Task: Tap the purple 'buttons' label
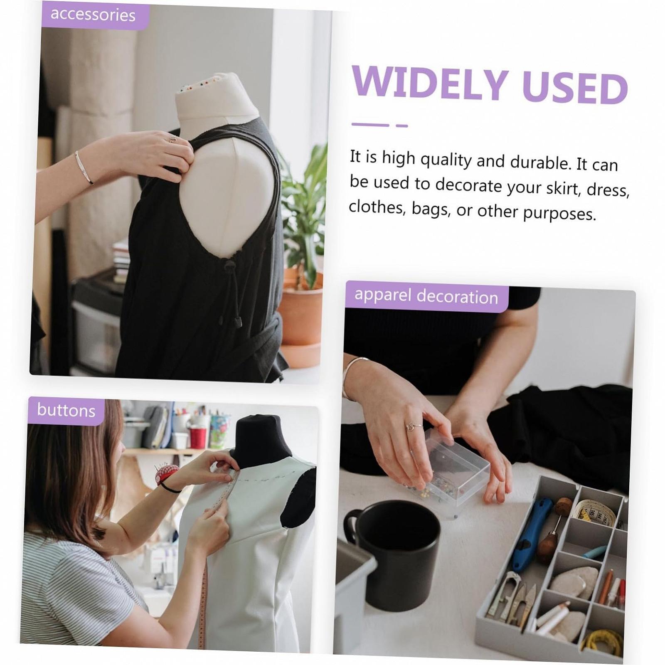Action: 66,411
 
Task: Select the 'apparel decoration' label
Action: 426,296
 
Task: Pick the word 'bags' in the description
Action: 431,209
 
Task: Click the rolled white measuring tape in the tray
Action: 595,512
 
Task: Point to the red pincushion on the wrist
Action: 166,474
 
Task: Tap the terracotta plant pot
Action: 300,316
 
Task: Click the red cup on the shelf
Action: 198,437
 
